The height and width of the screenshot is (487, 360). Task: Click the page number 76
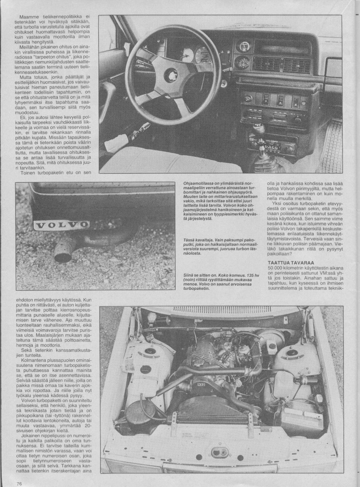(19, 483)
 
